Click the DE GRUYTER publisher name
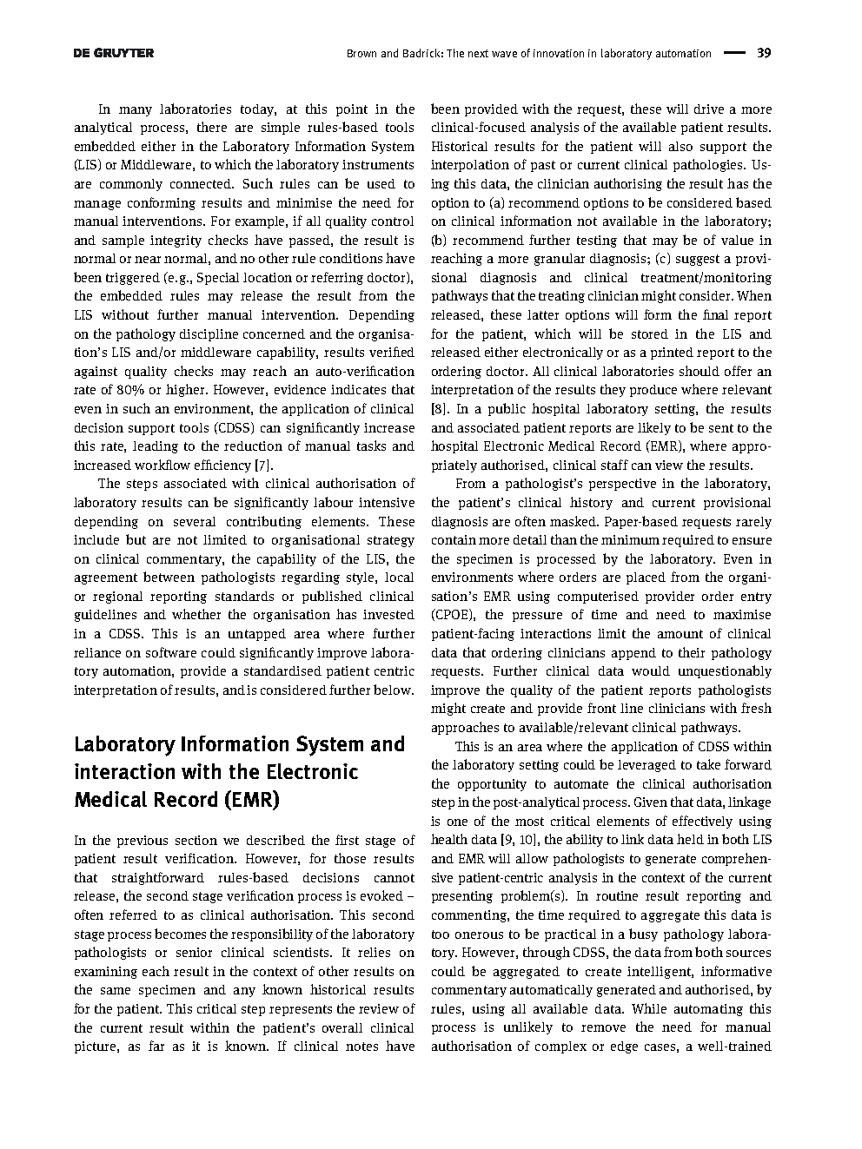(114, 53)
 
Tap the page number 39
(764, 53)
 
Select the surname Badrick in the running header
(418, 53)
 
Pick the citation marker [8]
(439, 409)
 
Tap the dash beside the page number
(734, 53)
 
